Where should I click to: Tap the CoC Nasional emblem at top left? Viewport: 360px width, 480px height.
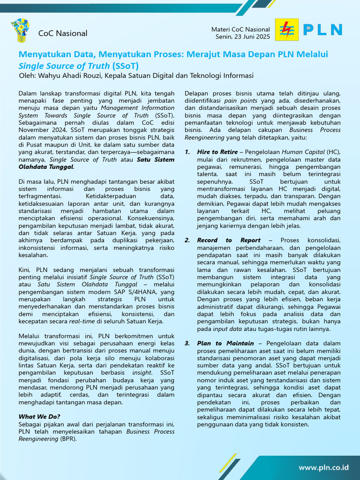coord(20,30)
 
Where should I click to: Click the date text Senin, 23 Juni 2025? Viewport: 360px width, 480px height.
coord(243,37)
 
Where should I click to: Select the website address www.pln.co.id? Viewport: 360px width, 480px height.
coord(323,467)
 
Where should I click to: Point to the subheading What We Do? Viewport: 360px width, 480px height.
coord(39,416)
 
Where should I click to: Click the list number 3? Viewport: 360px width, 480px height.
coord(187,343)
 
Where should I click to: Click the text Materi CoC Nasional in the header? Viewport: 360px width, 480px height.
coord(240,30)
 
